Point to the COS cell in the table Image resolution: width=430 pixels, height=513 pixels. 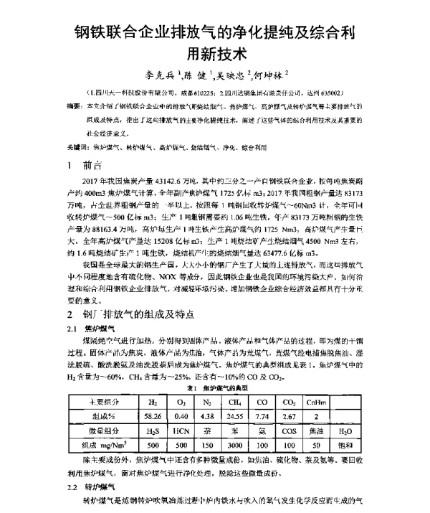(290, 430)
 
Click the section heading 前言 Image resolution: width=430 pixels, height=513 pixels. (95, 164)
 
